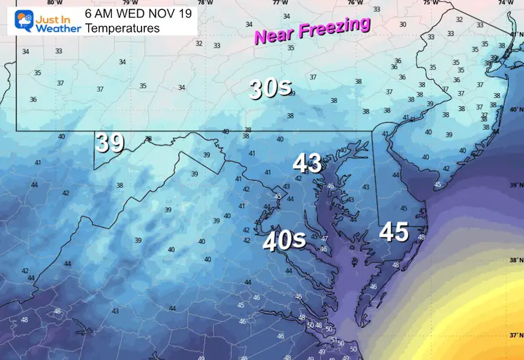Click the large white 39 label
point(110,143)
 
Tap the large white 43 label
point(308,163)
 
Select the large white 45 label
point(394,232)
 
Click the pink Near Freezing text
point(312,31)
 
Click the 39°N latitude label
point(515,186)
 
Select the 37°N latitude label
point(515,334)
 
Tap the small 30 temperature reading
point(403,24)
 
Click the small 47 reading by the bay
point(324,239)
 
